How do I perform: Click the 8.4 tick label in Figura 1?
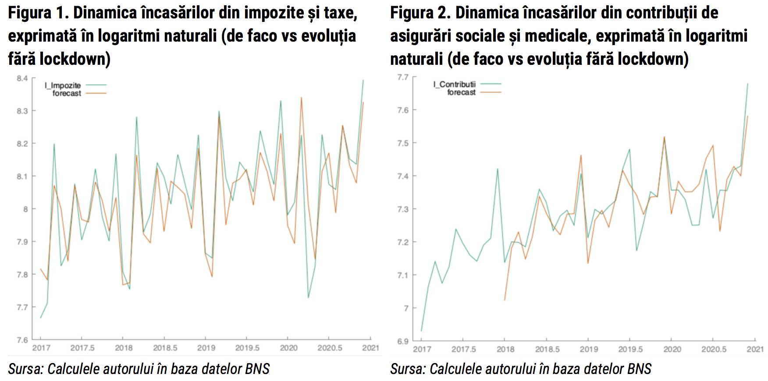click(x=22, y=78)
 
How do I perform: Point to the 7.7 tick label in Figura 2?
click(x=403, y=77)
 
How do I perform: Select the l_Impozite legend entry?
click(x=63, y=85)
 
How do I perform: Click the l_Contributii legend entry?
click(x=455, y=84)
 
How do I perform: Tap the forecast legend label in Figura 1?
click(x=67, y=93)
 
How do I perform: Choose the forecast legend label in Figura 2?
click(x=461, y=92)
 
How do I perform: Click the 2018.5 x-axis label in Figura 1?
click(x=165, y=348)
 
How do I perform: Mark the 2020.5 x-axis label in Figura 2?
click(x=714, y=349)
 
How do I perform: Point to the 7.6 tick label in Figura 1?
click(x=22, y=340)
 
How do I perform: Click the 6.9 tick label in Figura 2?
click(x=403, y=341)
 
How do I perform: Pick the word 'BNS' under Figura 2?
click(x=639, y=369)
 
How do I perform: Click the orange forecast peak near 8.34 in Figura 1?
click(x=301, y=98)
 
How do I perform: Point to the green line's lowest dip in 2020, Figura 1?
click(x=308, y=297)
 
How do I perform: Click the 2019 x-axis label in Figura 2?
click(x=589, y=349)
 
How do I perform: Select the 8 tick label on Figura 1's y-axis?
click(x=25, y=209)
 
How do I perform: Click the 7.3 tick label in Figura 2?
click(x=403, y=209)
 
